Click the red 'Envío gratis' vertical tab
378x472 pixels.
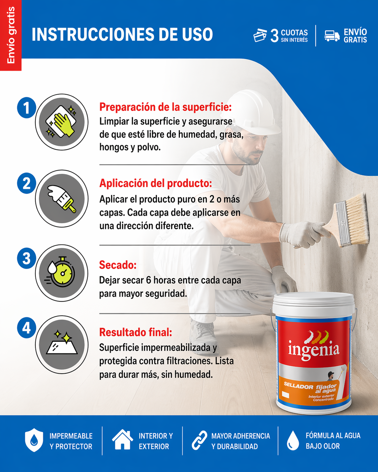coord(11,35)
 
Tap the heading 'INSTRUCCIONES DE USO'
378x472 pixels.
coord(122,35)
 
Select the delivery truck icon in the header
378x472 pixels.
coord(332,36)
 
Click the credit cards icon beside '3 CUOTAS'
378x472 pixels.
coord(260,35)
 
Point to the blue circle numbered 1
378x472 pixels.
coord(26,108)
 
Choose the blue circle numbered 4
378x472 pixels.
coord(26,328)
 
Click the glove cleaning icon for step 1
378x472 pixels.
coord(62,122)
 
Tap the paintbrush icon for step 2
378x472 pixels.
coord(62,198)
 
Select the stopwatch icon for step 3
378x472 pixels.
coord(62,273)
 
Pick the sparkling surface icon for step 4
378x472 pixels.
coord(62,344)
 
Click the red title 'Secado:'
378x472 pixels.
coord(118,265)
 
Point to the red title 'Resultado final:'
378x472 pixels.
coord(135,333)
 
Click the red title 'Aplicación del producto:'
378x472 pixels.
coord(155,183)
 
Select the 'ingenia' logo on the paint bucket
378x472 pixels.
coord(314,348)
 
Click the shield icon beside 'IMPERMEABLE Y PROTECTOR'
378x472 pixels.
coord(34,440)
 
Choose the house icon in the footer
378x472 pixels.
coord(122,440)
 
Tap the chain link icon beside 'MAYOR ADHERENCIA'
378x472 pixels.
coord(199,440)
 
